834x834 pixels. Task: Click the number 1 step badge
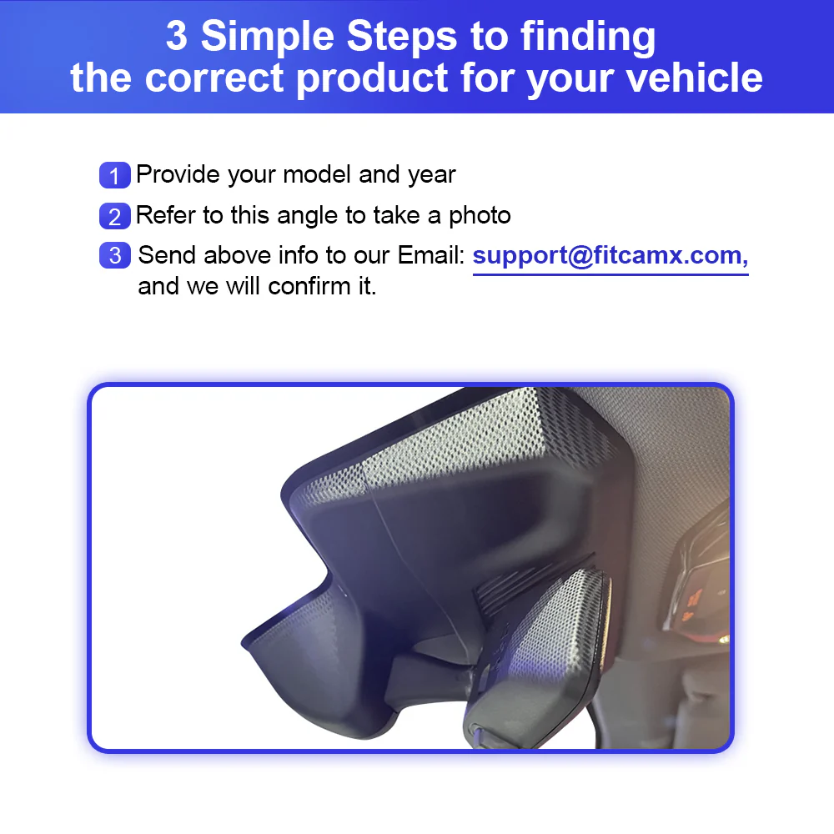coord(115,175)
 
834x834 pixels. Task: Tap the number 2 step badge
coord(115,216)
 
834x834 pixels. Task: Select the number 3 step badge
coord(115,255)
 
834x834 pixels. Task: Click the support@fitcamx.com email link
coord(610,256)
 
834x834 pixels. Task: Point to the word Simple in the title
coord(268,36)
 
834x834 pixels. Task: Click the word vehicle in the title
coord(694,78)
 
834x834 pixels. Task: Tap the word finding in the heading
coord(588,38)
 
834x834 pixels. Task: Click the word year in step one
coord(431,175)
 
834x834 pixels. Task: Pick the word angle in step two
coord(308,217)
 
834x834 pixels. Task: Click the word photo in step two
coord(480,216)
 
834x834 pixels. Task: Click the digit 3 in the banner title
coord(177,36)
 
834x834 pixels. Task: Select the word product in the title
coord(372,79)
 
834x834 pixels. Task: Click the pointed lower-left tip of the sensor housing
coord(243,644)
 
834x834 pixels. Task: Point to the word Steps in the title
coord(402,38)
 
